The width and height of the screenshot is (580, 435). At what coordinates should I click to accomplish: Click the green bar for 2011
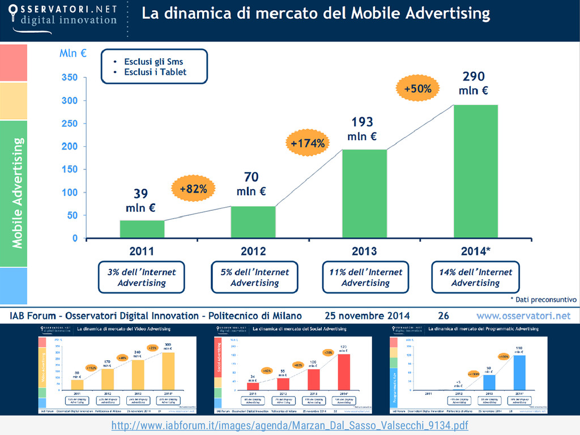[142, 229]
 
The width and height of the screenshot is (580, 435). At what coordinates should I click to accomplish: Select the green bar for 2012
[253, 222]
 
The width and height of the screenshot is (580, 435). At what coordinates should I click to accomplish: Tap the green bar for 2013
[365, 194]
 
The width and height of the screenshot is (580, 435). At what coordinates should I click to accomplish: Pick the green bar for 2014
[475, 171]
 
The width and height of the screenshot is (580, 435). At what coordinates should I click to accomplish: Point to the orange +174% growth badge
[308, 143]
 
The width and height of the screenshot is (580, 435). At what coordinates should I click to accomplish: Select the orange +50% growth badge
[418, 88]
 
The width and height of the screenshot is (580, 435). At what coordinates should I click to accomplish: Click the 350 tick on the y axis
[70, 78]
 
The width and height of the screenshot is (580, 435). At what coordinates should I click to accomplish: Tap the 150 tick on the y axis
[70, 169]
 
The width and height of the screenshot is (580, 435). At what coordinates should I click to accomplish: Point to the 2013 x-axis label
[364, 250]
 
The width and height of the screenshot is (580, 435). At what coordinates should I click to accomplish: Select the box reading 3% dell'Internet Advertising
[142, 277]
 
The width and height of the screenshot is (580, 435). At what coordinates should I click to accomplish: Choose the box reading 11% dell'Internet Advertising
[365, 277]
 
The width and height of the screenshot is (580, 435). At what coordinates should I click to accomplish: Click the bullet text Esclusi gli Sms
[153, 62]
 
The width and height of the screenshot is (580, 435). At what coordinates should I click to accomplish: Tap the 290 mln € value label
[474, 83]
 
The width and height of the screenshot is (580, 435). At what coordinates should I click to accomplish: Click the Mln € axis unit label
[73, 54]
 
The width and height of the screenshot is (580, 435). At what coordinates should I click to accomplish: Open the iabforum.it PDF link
[289, 425]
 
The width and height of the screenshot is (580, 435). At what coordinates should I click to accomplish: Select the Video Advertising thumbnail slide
[117, 370]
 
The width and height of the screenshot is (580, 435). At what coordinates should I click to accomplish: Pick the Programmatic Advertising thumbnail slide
[468, 370]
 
